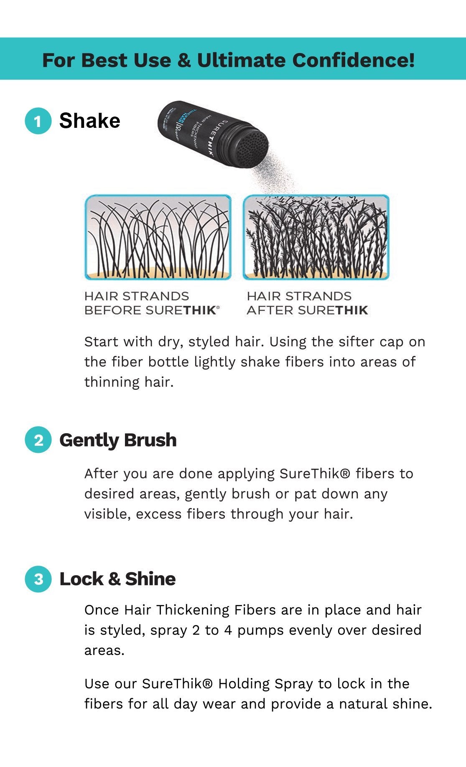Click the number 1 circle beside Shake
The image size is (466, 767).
click(x=38, y=121)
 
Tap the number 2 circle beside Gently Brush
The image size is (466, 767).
click(x=38, y=440)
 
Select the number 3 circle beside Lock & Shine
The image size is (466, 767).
click(x=38, y=579)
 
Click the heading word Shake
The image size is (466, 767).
click(x=89, y=121)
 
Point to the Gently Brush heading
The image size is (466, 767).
click(x=118, y=440)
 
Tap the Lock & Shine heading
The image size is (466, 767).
click(x=117, y=579)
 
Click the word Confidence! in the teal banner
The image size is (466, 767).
click(x=353, y=60)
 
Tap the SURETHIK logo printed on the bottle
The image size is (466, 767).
click(x=219, y=137)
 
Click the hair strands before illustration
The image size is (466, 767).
click(x=158, y=237)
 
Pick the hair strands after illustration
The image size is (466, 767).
click(x=316, y=237)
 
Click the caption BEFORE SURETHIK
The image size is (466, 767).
click(x=152, y=310)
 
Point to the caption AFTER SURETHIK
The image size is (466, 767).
click(x=308, y=310)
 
